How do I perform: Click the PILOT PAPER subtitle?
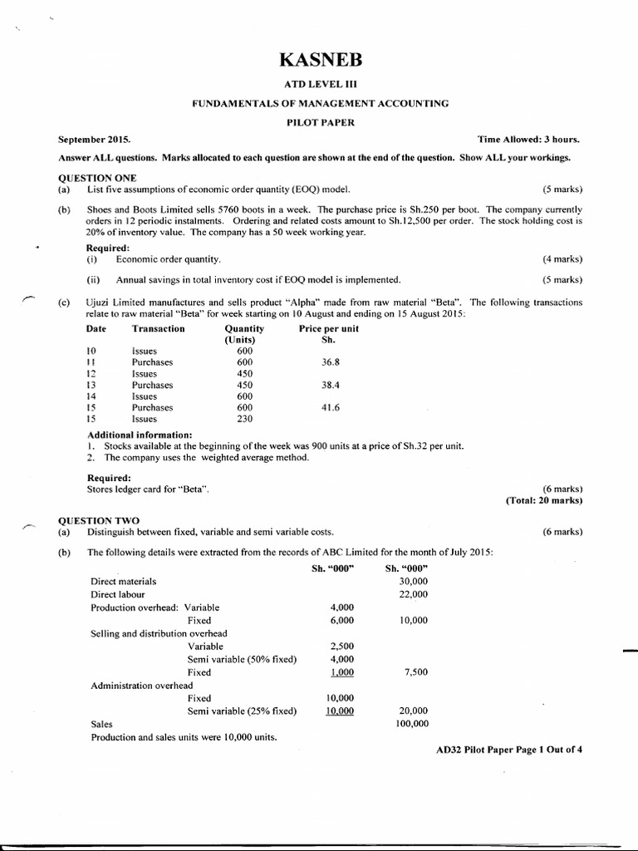tap(320, 121)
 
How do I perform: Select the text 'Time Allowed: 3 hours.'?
tap(529, 140)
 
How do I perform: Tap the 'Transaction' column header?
tap(159, 329)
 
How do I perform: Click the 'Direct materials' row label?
tap(123, 582)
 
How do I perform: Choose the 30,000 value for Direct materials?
tap(413, 582)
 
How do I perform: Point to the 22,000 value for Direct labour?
tap(413, 594)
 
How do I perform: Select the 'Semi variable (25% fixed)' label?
tap(242, 711)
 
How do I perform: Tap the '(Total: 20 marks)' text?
tap(544, 500)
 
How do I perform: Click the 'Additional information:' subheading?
tap(140, 435)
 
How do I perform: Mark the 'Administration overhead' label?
tap(142, 686)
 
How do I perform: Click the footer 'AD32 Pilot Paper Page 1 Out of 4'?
tap(509, 750)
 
